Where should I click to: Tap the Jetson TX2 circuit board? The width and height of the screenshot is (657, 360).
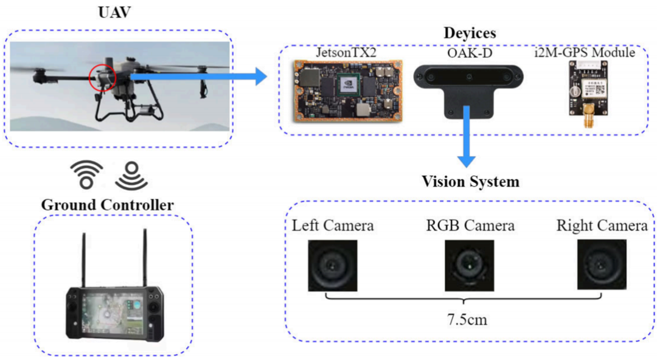348,91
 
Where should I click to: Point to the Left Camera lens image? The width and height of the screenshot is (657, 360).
333,266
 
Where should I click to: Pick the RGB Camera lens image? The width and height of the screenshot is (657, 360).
469,266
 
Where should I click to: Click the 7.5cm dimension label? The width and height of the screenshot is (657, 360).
467,320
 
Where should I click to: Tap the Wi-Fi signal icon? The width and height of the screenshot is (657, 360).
87,175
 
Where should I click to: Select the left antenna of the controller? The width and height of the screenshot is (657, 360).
84,260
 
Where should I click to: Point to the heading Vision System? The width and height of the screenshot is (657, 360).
470,181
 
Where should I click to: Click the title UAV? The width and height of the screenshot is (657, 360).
114,12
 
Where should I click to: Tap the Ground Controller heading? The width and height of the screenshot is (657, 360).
107,205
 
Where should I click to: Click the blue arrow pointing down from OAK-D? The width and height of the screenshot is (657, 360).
467,137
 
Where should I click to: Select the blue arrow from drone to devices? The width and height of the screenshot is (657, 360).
198,77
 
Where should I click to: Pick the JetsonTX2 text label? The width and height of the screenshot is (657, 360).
346,52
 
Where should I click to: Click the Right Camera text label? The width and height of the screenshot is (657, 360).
602,226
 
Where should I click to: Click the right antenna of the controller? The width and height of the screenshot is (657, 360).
145,258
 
